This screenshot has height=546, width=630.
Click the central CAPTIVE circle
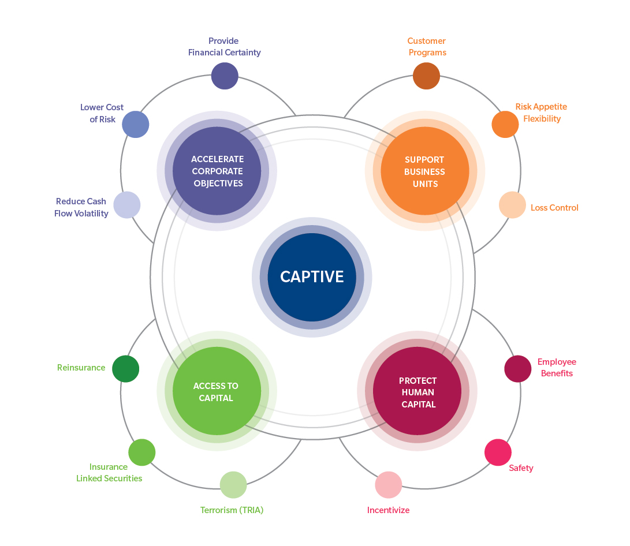click(x=312, y=277)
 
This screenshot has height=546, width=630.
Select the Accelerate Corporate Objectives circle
click(x=217, y=171)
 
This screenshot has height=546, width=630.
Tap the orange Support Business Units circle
click(x=425, y=171)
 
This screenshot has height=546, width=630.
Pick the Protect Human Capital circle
click(x=417, y=391)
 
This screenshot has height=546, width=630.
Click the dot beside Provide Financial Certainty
click(x=225, y=76)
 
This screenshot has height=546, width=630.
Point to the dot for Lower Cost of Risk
click(x=136, y=124)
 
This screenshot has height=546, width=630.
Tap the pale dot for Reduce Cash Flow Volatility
click(x=127, y=205)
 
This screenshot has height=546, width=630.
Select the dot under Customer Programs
click(x=426, y=76)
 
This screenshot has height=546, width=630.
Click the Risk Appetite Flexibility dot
click(x=505, y=124)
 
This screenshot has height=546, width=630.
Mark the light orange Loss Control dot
click(x=512, y=205)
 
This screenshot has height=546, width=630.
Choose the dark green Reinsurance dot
click(x=126, y=369)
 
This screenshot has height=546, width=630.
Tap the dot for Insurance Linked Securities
click(x=142, y=452)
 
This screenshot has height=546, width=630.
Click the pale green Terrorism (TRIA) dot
click(x=233, y=485)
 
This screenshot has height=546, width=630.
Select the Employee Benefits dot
click(x=518, y=369)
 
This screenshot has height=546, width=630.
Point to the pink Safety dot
click(x=498, y=452)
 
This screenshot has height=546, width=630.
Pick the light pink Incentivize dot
click(x=389, y=485)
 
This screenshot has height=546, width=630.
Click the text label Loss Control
click(x=554, y=208)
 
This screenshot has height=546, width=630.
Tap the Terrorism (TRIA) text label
click(x=232, y=510)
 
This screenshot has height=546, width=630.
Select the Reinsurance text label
click(x=81, y=368)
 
